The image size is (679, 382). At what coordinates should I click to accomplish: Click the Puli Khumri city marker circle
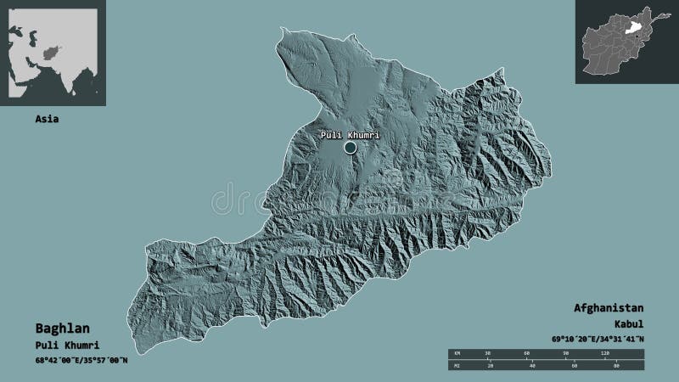350,148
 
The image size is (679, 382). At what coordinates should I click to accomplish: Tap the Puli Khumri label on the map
349,135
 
